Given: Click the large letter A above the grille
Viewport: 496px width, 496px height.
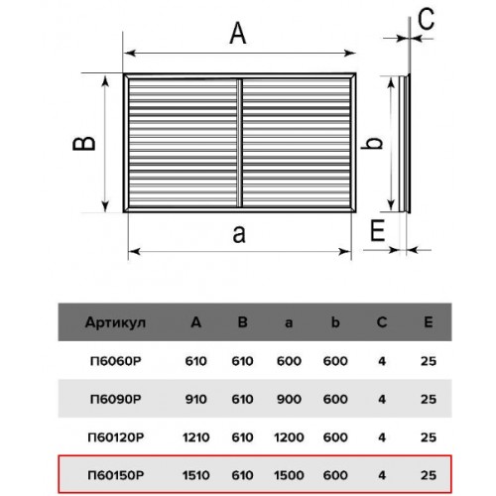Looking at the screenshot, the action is click(x=238, y=33).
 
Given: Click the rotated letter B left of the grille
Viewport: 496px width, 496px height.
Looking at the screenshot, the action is click(x=84, y=144).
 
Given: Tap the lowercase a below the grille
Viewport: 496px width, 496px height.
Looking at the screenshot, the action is click(x=239, y=234).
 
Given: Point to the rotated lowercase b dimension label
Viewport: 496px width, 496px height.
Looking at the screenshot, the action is click(x=372, y=143).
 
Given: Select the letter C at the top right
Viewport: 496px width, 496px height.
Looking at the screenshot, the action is click(x=426, y=19).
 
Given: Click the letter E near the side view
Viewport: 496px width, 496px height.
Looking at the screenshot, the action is click(x=378, y=230).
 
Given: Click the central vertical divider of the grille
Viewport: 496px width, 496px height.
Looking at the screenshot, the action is click(x=240, y=143).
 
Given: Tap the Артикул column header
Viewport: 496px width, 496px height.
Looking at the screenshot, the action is click(x=115, y=322).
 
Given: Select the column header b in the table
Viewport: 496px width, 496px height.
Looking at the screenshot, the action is click(x=335, y=321).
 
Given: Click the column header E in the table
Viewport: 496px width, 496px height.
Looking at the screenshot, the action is click(x=429, y=321).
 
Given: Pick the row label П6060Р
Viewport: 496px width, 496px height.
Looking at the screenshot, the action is click(x=116, y=361).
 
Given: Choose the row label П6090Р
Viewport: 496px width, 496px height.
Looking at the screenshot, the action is click(x=116, y=399).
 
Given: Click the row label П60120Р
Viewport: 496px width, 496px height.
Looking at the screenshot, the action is click(x=116, y=437).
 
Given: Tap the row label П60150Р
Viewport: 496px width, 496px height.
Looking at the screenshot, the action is click(x=116, y=475).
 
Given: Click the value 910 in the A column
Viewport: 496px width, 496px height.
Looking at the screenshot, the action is click(x=196, y=399).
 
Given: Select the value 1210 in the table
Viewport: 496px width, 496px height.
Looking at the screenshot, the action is click(x=196, y=437).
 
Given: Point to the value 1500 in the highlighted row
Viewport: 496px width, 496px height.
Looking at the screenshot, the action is click(x=289, y=475).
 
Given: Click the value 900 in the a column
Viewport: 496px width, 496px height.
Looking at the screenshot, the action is click(x=289, y=399).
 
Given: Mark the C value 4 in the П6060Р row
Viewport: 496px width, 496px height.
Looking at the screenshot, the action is click(x=382, y=361).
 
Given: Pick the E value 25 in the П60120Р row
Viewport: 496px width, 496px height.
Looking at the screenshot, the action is click(x=429, y=437).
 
